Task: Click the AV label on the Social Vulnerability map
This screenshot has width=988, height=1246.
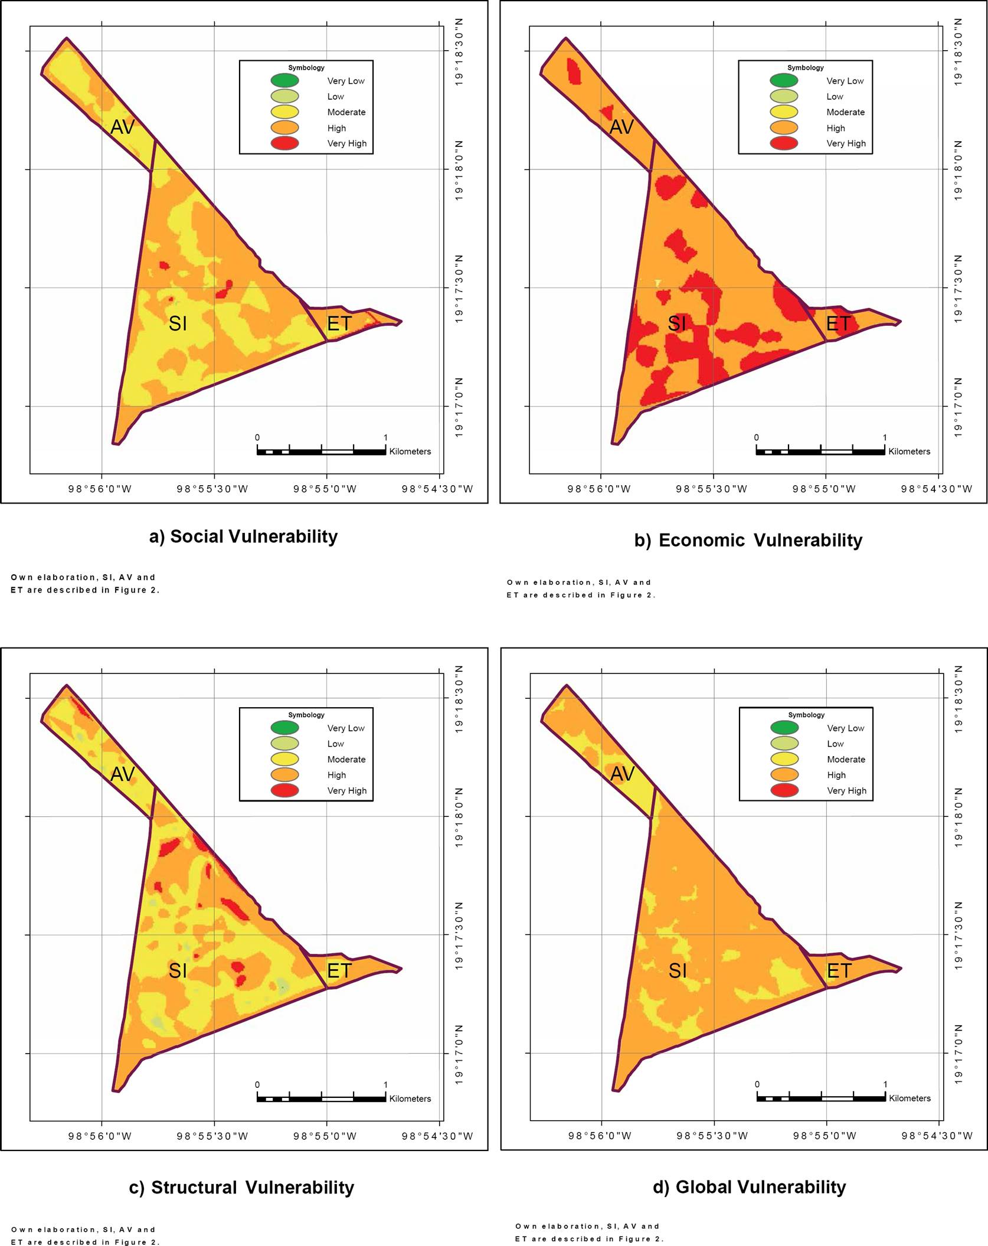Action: coord(123,127)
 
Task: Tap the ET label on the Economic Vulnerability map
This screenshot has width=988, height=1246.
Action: coord(838,323)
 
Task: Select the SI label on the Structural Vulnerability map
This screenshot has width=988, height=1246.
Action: coord(178,970)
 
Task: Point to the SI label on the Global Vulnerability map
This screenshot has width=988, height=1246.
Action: coord(678,970)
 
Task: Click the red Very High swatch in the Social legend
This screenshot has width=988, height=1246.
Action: coord(284,143)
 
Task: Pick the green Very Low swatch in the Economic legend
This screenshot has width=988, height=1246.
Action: coord(784,81)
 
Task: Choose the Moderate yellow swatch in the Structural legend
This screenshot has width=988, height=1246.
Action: coord(284,759)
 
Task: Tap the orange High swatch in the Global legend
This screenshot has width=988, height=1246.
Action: coord(784,775)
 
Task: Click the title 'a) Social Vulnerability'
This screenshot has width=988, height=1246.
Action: coord(243,537)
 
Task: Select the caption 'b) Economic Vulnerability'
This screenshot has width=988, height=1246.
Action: coord(748,540)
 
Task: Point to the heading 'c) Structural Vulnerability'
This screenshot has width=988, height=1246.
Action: coord(241,1188)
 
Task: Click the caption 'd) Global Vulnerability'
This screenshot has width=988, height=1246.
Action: coord(750,1187)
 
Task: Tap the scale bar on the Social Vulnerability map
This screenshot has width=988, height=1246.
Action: coord(321,452)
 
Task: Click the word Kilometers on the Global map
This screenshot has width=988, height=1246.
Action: coord(910,1098)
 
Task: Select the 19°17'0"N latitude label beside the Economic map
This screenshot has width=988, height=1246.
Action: coord(958,408)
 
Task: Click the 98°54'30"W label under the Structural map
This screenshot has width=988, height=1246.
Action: coord(437,1136)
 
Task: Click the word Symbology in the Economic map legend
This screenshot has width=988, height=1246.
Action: coord(805,68)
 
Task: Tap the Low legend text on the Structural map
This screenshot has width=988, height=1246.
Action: coord(335,744)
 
